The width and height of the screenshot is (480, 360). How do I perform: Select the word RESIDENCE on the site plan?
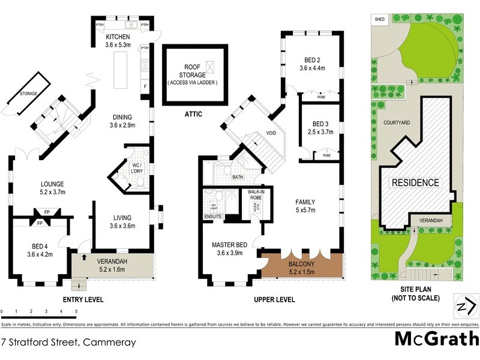[416, 182]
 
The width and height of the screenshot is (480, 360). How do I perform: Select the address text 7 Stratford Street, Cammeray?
[68, 343]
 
